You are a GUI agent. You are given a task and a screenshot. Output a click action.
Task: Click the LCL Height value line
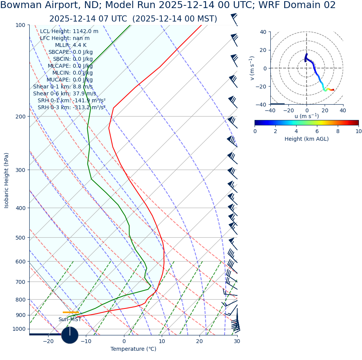click(x=69, y=31)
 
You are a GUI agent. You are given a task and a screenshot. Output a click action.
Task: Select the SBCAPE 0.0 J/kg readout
click(x=70, y=52)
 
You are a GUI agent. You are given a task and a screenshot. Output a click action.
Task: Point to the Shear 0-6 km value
click(x=65, y=93)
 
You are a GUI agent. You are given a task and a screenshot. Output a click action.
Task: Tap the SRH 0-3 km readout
click(x=71, y=107)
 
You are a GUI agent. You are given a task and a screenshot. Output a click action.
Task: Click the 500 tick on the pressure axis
click(x=21, y=238)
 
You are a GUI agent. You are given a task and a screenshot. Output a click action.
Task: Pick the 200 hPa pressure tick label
click(x=21, y=117)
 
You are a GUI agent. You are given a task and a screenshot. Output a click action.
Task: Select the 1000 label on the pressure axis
click(x=19, y=329)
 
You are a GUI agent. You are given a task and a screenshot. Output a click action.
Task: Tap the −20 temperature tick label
click(x=48, y=341)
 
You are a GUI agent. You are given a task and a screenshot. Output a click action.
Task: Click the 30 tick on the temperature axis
click(x=237, y=341)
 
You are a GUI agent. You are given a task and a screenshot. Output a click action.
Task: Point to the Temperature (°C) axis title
click(x=133, y=349)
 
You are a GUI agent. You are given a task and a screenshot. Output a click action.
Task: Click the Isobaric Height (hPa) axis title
click(x=7, y=180)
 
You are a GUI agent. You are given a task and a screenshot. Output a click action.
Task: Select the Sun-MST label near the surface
click(x=70, y=319)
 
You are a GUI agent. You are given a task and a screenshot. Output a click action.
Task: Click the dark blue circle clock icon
click(x=70, y=335)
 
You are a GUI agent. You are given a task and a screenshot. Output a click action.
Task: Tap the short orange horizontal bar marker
click(x=70, y=312)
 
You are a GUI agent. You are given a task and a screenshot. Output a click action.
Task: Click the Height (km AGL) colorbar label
click(x=307, y=139)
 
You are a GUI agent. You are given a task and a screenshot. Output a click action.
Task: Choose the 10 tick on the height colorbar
click(x=359, y=131)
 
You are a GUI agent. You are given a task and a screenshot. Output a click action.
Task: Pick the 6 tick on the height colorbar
click(x=317, y=131)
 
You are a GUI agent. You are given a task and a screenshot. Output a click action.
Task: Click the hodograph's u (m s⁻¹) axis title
click(x=307, y=116)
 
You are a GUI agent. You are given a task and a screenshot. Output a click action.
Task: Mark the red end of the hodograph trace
click(x=333, y=90)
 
